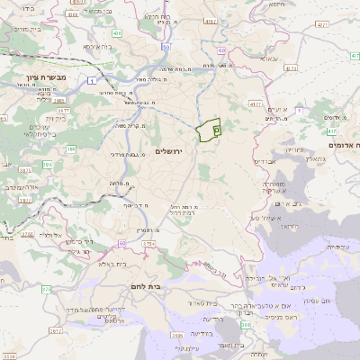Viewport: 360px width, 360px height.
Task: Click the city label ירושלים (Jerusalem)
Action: [168, 150]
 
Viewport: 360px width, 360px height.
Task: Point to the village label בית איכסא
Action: [96, 45]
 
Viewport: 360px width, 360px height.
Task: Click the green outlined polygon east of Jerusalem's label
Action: [210, 130]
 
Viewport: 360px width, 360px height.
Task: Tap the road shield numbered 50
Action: [166, 45]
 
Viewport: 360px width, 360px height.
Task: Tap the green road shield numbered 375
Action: [46, 289]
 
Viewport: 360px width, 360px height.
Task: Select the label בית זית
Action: [56, 117]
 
